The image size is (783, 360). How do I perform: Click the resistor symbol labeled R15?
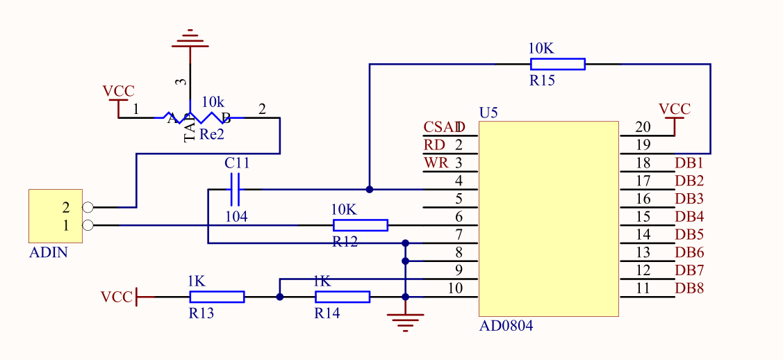click(x=557, y=64)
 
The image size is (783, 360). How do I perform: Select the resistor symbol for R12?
click(x=360, y=225)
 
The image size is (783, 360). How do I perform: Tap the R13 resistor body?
click(x=217, y=297)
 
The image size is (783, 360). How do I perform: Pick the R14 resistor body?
click(x=342, y=297)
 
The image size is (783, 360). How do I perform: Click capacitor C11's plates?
click(x=236, y=189)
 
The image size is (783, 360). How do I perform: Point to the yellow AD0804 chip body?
click(x=548, y=219)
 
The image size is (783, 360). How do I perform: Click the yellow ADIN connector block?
click(x=55, y=215)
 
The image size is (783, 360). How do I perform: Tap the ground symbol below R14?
click(x=405, y=321)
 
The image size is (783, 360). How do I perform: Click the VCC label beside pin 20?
click(x=674, y=109)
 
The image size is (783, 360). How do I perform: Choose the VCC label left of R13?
click(x=116, y=297)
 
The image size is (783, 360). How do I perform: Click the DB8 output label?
click(x=689, y=288)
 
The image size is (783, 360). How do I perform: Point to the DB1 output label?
click(x=689, y=163)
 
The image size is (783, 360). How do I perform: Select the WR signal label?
click(x=436, y=163)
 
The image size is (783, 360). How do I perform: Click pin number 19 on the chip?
click(x=643, y=145)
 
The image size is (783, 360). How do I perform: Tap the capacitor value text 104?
click(x=236, y=217)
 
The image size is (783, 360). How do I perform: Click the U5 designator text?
click(x=488, y=113)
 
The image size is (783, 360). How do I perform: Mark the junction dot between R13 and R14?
click(x=279, y=297)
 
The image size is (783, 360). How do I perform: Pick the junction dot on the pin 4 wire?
click(x=370, y=189)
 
